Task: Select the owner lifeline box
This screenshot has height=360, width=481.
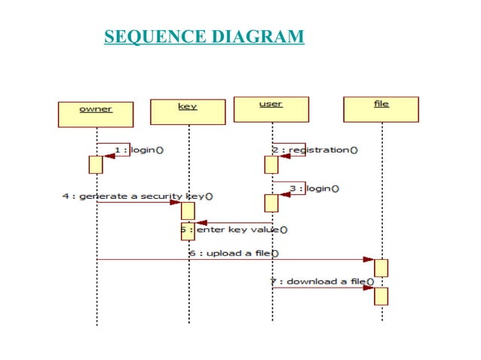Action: tap(96, 113)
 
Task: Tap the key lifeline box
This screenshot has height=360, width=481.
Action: tap(188, 111)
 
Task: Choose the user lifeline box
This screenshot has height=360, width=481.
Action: tap(271, 108)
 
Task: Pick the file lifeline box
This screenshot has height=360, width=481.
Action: tap(381, 108)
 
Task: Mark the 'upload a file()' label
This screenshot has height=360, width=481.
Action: tap(233, 253)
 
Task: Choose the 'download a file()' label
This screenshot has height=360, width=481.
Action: tap(323, 281)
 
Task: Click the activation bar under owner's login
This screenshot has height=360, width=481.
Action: tap(96, 164)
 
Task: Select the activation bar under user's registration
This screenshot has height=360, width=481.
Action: tap(271, 164)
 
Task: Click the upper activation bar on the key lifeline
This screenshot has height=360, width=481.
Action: tap(188, 211)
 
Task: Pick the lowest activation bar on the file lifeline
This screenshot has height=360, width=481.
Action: tap(381, 295)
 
